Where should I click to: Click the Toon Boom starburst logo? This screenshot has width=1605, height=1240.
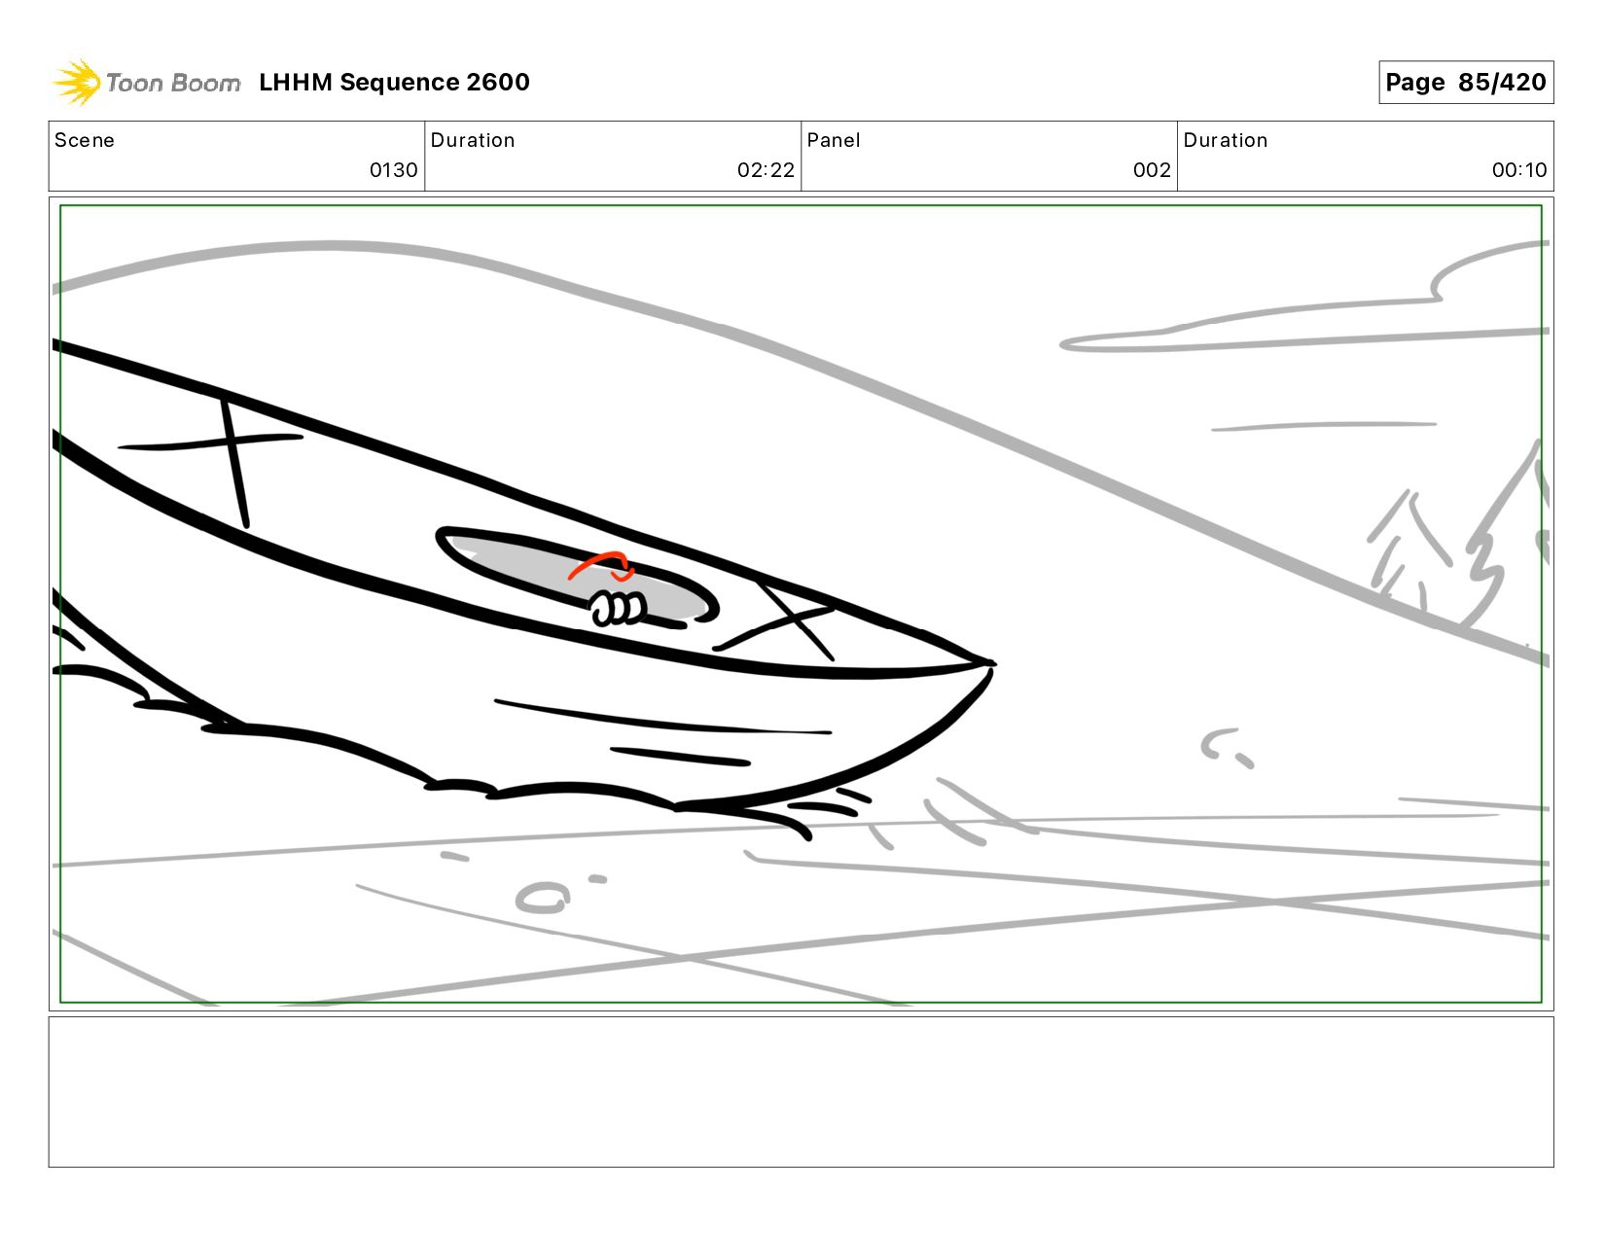(77, 82)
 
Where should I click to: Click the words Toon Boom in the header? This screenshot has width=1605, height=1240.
(173, 83)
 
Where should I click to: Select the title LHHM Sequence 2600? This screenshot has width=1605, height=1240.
(394, 82)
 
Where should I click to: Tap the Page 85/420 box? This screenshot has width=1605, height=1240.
(1465, 82)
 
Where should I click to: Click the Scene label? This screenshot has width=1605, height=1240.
(85, 140)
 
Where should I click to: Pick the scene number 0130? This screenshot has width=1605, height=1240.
(394, 170)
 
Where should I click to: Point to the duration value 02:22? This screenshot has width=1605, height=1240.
(766, 170)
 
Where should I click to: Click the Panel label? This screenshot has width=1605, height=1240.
(834, 140)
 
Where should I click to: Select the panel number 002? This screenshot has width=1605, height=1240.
(1152, 170)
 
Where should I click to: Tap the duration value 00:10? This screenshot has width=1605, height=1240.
(1518, 170)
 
